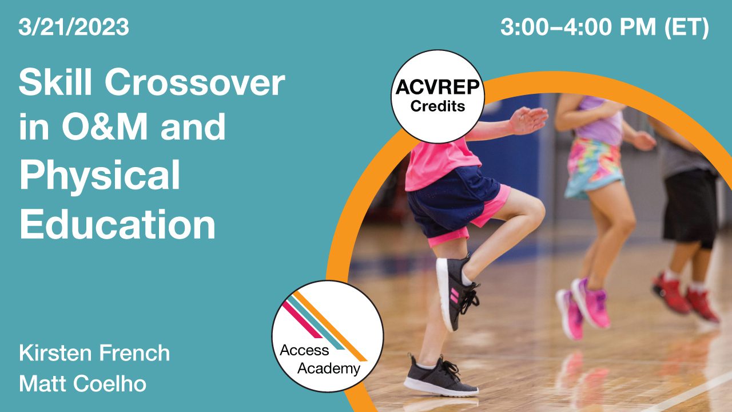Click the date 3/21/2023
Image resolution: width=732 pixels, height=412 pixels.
point(74,27)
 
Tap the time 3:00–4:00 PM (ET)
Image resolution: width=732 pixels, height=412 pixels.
point(604,27)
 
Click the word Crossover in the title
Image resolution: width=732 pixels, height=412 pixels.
point(194,84)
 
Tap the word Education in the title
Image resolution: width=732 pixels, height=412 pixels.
point(117,224)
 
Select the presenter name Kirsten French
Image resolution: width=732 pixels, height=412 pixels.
point(94,353)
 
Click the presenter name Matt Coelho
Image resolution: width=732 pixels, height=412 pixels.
point(82,383)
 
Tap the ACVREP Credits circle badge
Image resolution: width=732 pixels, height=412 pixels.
point(437,96)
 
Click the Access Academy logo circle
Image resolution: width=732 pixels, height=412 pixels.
point(327,336)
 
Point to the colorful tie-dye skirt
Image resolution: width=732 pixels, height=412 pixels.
point(595,166)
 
